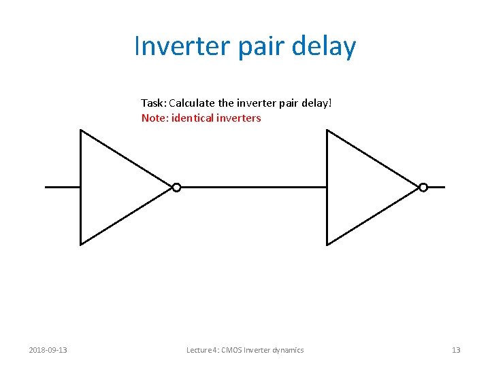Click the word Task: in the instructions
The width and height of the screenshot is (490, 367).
pyautogui.click(x=153, y=103)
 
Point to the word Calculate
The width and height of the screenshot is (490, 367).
pyautogui.click(x=192, y=103)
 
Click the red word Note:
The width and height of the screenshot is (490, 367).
pyautogui.click(x=154, y=118)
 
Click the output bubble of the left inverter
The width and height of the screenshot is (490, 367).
pyautogui.click(x=176, y=188)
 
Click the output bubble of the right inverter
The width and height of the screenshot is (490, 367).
pyautogui.click(x=423, y=188)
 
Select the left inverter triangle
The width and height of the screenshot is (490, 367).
pyautogui.click(x=116, y=187)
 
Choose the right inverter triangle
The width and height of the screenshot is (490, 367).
pyautogui.click(x=362, y=187)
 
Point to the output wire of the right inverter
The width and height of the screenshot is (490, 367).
pyautogui.click(x=436, y=187)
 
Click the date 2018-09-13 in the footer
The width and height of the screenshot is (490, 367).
pyautogui.click(x=48, y=350)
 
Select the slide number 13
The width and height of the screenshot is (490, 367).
pyautogui.click(x=456, y=350)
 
